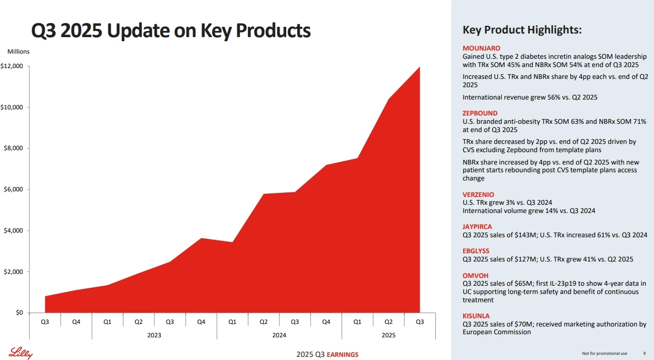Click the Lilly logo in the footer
[x=21, y=353]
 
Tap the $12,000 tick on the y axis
[x=28, y=67]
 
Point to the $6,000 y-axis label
[x=13, y=189]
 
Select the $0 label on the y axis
[x=19, y=313]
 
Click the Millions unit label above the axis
[x=19, y=52]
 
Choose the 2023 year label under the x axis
[x=154, y=335]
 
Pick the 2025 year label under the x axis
[x=388, y=335]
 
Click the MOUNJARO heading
[x=481, y=48]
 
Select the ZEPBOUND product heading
[x=480, y=113]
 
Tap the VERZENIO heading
[x=478, y=194]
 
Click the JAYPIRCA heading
[x=477, y=226]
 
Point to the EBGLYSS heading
[x=476, y=251]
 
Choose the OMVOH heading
[x=476, y=275]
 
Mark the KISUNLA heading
[x=476, y=316]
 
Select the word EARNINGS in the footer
[x=342, y=354]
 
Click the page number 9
[x=644, y=353]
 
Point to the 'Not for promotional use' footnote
[x=604, y=353]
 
